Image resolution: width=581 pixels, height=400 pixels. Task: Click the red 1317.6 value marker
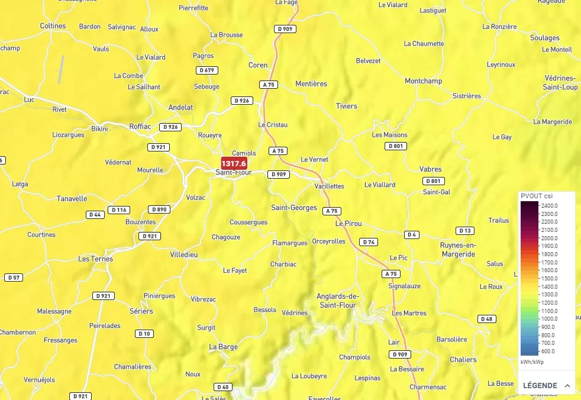[234, 163]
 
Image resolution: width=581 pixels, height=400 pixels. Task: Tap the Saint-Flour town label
[234, 173]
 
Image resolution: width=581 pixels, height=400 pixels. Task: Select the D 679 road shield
[206, 70]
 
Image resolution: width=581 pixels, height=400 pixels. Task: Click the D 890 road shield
[159, 209]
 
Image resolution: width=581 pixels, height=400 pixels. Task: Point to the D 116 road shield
[119, 210]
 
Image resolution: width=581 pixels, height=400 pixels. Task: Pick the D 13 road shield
[465, 231]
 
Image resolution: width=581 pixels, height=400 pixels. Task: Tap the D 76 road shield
[369, 242]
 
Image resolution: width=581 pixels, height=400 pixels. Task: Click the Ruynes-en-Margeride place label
[458, 250]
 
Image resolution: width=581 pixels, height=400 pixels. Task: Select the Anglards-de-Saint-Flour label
[338, 301]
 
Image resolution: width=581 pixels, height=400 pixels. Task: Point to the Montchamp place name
[423, 81]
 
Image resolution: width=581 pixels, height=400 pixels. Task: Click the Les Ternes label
[95, 259]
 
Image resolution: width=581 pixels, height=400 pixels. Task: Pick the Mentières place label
[311, 84]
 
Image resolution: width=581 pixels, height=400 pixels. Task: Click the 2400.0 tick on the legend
[550, 205]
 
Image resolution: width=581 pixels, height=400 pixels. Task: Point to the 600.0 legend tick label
[548, 351]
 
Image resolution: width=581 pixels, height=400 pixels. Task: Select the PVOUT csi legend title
[537, 196]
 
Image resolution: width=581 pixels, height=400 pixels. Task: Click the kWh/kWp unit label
[532, 362]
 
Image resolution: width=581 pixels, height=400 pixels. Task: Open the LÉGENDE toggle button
[546, 385]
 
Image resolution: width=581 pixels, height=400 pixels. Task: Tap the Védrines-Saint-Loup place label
[560, 83]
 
